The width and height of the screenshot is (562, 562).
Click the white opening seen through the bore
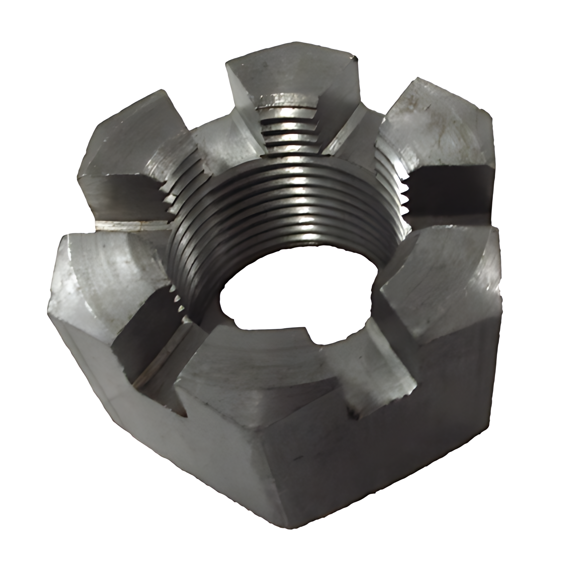294,301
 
